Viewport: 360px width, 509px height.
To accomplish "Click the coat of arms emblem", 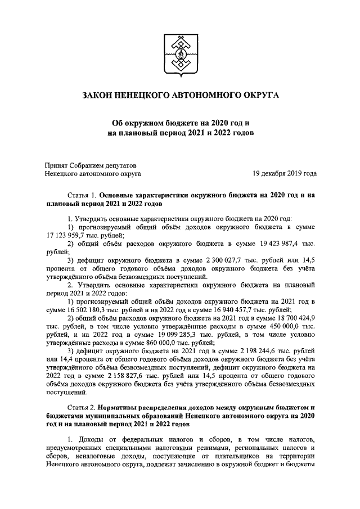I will pos(180,55).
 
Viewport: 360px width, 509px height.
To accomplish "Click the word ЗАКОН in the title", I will pos(100,97).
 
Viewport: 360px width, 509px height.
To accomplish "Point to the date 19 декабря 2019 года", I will pos(284,174).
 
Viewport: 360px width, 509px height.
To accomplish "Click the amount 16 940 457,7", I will pos(233,309).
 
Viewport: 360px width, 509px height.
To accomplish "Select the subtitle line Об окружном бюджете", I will pos(180,123).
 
